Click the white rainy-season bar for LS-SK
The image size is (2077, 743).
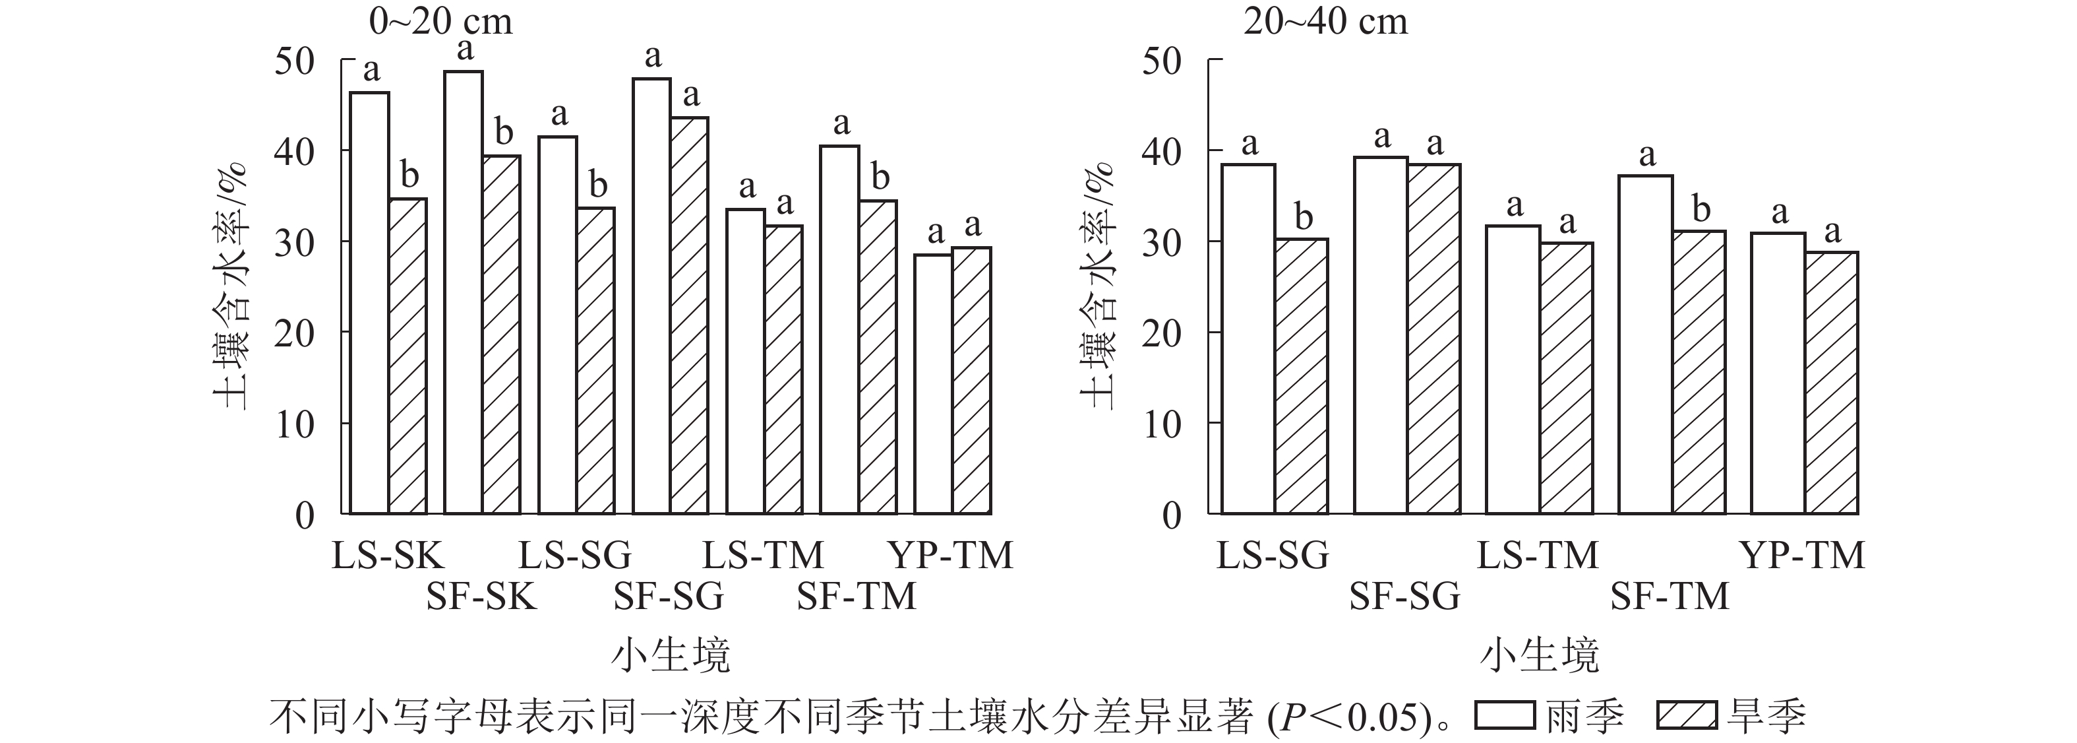(369, 302)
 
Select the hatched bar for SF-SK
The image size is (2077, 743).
(502, 334)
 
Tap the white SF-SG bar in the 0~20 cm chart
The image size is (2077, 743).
(651, 296)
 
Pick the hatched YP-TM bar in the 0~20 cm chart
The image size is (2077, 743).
(972, 380)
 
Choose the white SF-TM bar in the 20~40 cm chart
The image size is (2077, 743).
(1645, 344)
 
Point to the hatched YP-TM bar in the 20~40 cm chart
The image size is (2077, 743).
(1831, 383)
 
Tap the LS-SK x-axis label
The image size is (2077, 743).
(388, 556)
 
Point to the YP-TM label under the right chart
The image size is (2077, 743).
(1803, 556)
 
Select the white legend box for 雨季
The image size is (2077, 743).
(1505, 715)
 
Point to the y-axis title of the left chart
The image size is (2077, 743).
(231, 286)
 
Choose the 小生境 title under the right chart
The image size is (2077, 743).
(1539, 655)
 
